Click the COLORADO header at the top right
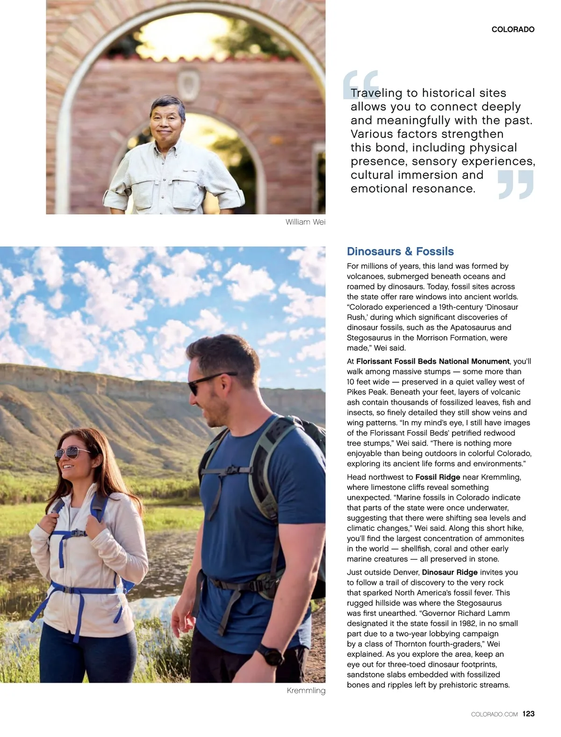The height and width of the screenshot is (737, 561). pos(513,29)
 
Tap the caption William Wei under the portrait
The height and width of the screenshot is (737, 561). pos(305,222)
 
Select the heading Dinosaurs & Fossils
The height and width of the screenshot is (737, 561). pos(400,251)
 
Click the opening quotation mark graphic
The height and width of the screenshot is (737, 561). pos(360,84)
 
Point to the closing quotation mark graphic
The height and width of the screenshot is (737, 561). pos(516,185)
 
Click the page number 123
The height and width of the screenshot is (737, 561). pos(529,714)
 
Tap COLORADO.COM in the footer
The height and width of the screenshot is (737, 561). pos(494,714)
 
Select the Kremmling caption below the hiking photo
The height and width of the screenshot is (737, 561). pos(306,691)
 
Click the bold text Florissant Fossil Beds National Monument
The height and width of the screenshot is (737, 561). pos(432,361)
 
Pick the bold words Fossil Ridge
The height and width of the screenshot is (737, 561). pos(438,477)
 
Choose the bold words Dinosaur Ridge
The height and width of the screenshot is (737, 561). pos(450,572)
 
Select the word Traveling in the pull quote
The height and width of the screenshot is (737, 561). pos(376,93)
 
